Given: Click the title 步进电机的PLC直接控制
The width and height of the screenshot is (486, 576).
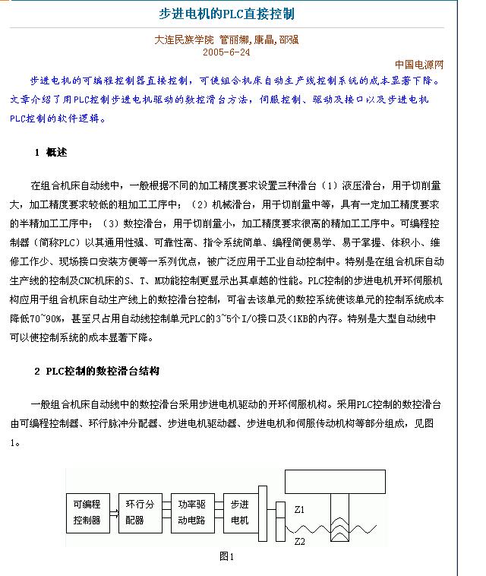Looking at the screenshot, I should [226, 14].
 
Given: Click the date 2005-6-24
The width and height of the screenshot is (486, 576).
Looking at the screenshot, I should [226, 52].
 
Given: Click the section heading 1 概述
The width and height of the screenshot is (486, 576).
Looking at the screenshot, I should [51, 153].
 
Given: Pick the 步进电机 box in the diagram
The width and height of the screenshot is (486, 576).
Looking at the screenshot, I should [239, 511].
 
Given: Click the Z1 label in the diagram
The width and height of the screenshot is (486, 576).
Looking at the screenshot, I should [299, 508].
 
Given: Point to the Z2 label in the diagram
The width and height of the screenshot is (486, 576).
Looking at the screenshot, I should [299, 541].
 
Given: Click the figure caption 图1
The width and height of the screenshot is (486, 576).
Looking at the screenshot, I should [226, 556].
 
